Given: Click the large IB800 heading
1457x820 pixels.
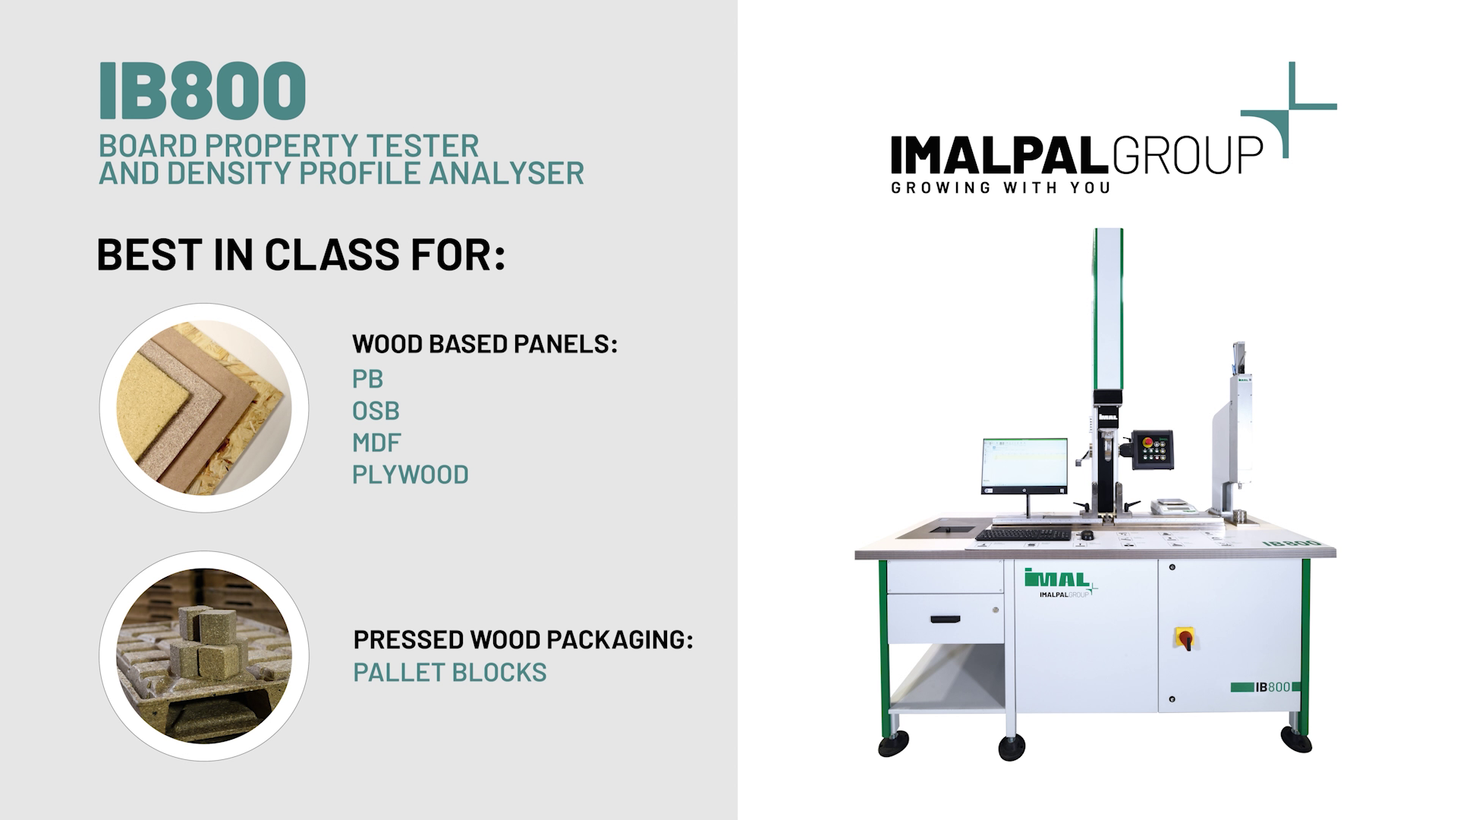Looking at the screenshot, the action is click(202, 91).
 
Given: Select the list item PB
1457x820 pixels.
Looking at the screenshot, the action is click(367, 379).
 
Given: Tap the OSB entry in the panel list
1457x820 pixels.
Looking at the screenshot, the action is click(376, 411).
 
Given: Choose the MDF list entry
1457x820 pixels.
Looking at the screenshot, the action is click(376, 443).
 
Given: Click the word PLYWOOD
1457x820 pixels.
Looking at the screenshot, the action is click(411, 475).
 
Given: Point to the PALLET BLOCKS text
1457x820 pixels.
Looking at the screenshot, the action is click(450, 673).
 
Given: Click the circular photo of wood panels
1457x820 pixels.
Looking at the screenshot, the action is click(204, 408).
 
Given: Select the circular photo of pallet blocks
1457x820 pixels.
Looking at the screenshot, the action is click(204, 656).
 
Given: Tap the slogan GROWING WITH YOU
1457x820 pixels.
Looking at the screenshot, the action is click(1001, 188).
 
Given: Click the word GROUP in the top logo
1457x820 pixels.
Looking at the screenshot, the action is click(1188, 155).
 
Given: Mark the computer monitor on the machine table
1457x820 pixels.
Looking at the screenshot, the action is click(1024, 465).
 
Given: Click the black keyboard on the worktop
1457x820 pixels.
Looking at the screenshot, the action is click(1023, 535).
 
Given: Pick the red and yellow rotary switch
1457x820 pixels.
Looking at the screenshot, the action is click(1185, 639).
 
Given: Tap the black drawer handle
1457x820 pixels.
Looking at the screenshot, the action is click(951, 620).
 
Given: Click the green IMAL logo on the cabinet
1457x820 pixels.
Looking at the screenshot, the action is click(1057, 579).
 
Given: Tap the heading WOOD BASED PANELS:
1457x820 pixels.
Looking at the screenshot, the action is click(485, 344).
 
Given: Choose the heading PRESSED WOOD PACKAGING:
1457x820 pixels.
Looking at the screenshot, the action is click(524, 639).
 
